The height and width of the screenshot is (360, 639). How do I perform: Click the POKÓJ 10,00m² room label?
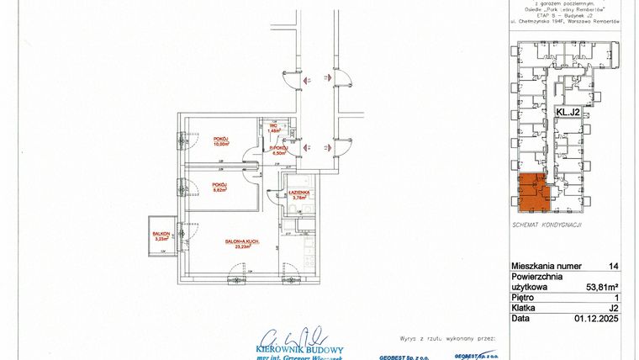[x=221, y=140]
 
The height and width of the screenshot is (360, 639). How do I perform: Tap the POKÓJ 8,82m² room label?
[x=220, y=188]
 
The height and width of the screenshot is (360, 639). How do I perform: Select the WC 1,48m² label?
[x=273, y=128]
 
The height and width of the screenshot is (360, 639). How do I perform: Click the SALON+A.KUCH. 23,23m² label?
[x=242, y=244]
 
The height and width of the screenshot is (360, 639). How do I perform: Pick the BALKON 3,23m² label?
[x=161, y=236]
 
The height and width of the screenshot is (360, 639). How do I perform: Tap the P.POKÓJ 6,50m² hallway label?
[x=279, y=150]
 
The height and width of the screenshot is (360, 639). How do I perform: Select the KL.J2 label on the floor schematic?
[x=568, y=111]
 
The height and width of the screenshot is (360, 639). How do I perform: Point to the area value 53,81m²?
[x=602, y=286]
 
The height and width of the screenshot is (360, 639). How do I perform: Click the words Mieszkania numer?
[x=547, y=265]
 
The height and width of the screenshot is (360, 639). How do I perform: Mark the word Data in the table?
[x=520, y=318]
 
